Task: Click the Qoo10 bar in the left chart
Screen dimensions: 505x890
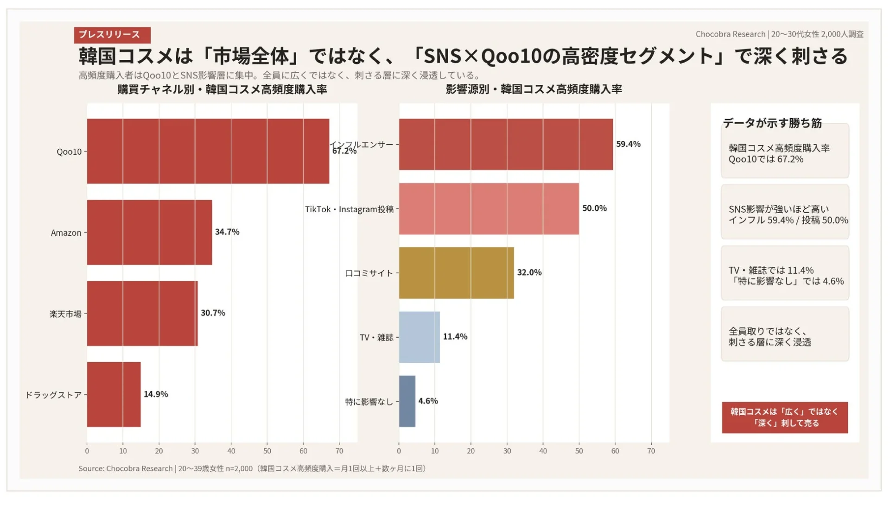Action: tap(208, 151)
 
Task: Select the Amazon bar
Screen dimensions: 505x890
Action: tap(149, 232)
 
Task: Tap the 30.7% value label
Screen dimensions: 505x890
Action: tap(213, 313)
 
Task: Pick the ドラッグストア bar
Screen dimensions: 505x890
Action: tap(114, 394)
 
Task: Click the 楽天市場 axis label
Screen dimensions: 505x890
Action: tap(65, 314)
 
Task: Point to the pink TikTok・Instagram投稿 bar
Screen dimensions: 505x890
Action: tap(489, 208)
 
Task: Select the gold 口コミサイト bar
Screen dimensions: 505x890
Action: tap(456, 273)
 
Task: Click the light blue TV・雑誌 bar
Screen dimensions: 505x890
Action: tap(419, 337)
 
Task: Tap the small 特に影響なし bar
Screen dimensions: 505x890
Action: tap(407, 401)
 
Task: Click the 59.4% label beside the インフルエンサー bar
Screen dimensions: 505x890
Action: tap(628, 144)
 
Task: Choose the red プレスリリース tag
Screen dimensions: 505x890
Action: tap(112, 35)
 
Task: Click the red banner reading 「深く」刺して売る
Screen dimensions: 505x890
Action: tap(784, 417)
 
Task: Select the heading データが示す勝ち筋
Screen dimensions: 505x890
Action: tap(772, 123)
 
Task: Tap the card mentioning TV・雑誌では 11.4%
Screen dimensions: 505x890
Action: tap(784, 276)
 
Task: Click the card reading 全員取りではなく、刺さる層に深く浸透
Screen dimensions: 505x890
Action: tap(784, 336)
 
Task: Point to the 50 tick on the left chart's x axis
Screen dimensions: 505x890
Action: tap(267, 451)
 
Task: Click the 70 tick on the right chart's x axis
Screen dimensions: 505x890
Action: tap(651, 451)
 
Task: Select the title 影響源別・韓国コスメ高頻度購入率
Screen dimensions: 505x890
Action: tap(534, 89)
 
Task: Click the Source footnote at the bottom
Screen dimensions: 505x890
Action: tap(252, 468)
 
